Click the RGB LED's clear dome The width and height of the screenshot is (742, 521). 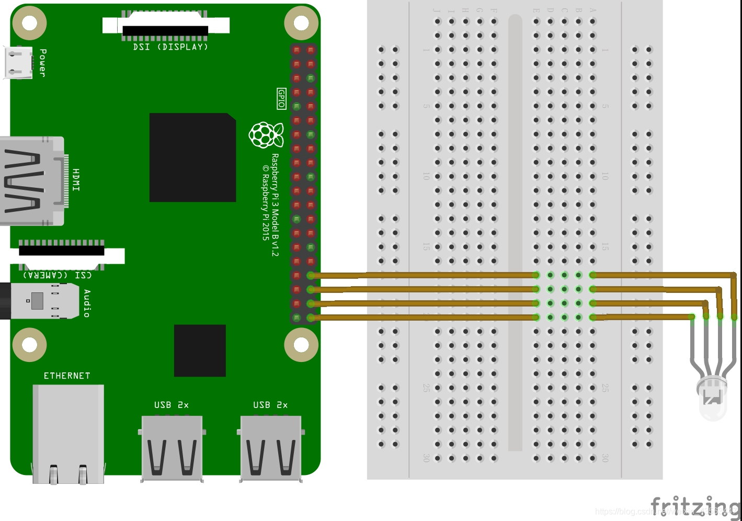712,400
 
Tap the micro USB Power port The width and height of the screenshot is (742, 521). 17,63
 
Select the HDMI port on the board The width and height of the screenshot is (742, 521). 31,181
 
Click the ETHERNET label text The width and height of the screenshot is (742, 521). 67,376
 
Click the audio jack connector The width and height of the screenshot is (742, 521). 42,301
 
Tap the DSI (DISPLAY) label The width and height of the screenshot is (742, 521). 170,47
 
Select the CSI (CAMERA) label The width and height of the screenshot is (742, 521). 58,275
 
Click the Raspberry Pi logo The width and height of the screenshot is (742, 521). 266,134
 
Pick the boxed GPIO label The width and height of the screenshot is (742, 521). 281,98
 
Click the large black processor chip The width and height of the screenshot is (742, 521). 192,157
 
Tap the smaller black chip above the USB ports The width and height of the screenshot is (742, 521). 200,350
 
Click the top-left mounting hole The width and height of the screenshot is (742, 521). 29,23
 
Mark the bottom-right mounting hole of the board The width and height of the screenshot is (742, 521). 301,345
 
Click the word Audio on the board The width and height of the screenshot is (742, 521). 87,303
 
